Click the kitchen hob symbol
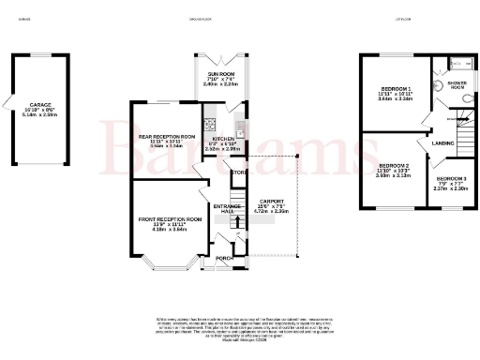click(x=211, y=120)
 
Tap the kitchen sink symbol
click(x=241, y=127)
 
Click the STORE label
click(x=237, y=172)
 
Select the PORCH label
click(x=223, y=258)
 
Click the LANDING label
click(x=442, y=143)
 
